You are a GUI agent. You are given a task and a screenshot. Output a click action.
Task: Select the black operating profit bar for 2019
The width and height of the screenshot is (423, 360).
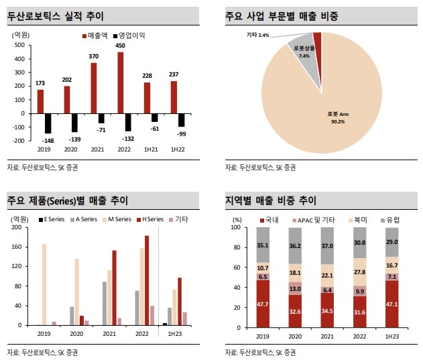48,123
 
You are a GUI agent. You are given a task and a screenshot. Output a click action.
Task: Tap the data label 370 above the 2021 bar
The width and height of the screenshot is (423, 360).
94,57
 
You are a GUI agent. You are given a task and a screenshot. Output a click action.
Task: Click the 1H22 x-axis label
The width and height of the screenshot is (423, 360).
177,149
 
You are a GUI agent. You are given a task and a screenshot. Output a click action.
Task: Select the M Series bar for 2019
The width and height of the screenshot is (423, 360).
44,284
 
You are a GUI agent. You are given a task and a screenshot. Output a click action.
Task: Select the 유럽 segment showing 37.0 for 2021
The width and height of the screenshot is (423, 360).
327,245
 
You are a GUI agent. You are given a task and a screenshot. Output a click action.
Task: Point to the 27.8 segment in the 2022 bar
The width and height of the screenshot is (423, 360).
359,272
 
